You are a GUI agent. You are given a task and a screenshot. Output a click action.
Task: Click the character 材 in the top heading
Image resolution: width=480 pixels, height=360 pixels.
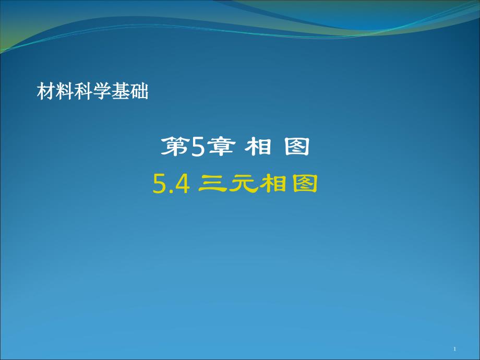46,91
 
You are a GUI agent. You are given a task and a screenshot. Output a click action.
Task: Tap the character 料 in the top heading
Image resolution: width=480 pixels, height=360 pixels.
65,91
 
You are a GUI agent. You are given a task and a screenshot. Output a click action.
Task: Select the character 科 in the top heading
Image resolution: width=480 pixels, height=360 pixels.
83,91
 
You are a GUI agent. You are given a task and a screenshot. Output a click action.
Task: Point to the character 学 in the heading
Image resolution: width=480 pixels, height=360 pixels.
102,91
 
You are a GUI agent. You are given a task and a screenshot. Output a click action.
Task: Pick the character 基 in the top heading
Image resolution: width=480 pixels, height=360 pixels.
121,91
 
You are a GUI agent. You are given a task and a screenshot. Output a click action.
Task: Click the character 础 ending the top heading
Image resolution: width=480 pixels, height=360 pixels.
139,91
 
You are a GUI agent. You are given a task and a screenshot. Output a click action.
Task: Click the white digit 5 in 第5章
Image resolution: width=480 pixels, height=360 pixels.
198,147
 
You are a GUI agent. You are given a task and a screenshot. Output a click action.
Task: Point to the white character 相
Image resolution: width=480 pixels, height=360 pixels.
258,147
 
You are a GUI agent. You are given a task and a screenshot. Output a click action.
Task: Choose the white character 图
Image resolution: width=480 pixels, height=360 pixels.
297,147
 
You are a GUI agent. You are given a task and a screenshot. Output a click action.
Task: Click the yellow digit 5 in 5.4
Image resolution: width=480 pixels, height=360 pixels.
160,184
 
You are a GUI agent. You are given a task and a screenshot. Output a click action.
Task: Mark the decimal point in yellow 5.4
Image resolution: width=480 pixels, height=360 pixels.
171,191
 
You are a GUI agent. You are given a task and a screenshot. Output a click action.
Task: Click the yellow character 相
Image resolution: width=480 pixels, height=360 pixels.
273,184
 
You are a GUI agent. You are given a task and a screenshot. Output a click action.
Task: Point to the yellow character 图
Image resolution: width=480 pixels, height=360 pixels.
304,184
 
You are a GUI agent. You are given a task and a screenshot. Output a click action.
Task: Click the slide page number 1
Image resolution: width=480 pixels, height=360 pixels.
454,349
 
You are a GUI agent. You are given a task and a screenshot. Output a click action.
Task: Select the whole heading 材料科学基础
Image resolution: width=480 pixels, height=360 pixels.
93,91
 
